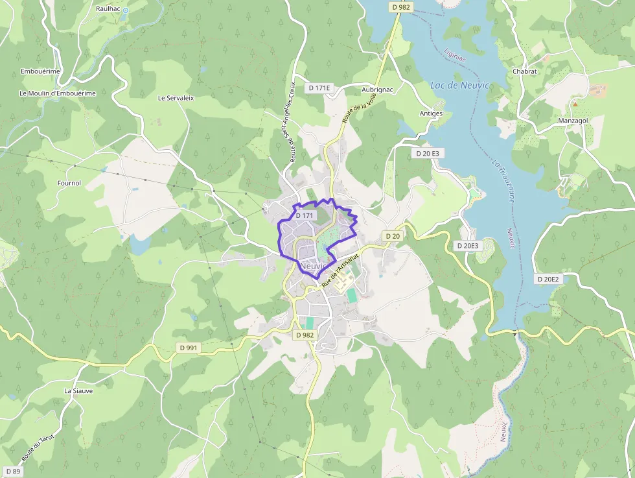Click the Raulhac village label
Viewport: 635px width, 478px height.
point(108,9)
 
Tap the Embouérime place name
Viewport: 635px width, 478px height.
point(40,71)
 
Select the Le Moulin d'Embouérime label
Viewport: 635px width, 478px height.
point(58,93)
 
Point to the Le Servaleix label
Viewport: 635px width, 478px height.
point(176,98)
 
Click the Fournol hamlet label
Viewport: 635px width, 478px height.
point(69,184)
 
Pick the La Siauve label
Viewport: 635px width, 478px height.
point(78,391)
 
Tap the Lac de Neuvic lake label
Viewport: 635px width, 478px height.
point(459,86)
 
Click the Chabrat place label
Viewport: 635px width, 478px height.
point(525,71)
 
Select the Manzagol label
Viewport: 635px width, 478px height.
point(573,121)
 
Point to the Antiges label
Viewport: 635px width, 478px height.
point(431,114)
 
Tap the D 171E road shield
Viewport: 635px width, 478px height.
point(319,88)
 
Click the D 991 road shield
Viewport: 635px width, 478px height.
point(189,348)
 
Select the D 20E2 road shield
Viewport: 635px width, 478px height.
point(548,279)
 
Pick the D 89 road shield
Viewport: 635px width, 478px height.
point(12,471)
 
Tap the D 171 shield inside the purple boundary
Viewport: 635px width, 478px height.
point(305,215)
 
